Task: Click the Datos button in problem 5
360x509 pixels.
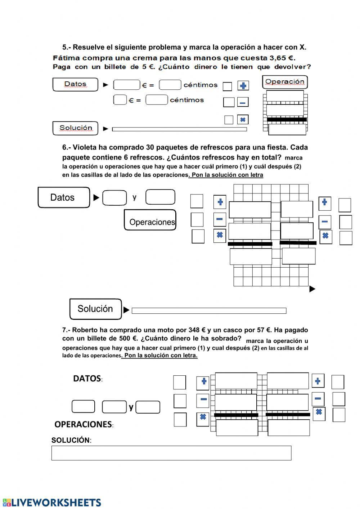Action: coord(75,84)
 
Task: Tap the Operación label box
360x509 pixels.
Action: coord(284,82)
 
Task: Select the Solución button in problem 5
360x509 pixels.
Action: coord(75,128)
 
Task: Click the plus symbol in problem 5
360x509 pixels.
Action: coord(243,86)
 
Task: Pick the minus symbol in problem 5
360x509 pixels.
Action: coord(243,103)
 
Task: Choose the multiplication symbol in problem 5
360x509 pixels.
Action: coord(243,120)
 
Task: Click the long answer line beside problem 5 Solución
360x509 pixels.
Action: coord(179,129)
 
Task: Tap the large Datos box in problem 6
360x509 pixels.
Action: coord(63,197)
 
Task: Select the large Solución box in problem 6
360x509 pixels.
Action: coord(95,309)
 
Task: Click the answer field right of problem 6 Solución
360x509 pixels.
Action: coord(209,311)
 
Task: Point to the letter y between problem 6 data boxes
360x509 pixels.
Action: coord(134,197)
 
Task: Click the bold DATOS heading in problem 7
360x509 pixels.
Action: coord(87,378)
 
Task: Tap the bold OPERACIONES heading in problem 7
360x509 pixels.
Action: coord(83,424)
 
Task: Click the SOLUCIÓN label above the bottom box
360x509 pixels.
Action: coord(71,440)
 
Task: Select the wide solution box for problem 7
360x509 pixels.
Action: coord(171,453)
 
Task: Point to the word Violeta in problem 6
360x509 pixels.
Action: coord(85,147)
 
